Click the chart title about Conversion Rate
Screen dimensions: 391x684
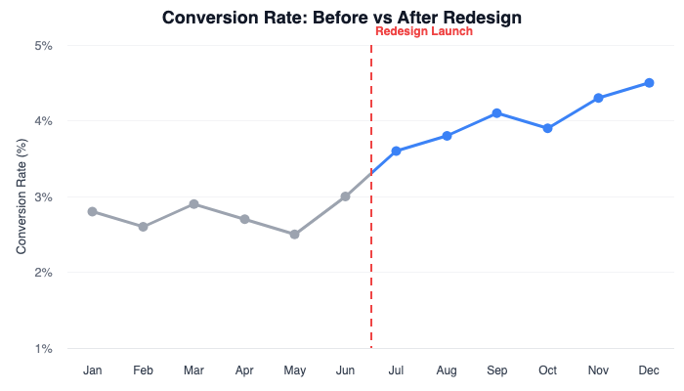[x=342, y=17]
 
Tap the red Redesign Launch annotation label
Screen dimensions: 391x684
[x=424, y=31]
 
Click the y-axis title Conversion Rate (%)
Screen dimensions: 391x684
[x=21, y=196]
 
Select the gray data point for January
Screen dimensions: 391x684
[x=93, y=211]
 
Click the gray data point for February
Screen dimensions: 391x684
[x=144, y=227]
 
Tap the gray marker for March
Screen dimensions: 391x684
[x=194, y=204]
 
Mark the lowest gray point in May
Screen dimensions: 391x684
[x=294, y=235]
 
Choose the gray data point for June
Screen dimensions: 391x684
[x=345, y=196]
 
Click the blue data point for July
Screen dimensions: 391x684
[x=396, y=151]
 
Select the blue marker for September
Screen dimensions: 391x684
[x=497, y=113]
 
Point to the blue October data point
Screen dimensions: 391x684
[x=547, y=128]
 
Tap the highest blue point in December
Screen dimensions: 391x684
[x=649, y=83]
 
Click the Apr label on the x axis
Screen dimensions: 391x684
[x=244, y=371]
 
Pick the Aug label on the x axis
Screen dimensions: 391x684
[x=447, y=371]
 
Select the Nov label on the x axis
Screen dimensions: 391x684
[x=598, y=371]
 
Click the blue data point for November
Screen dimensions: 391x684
[x=598, y=98]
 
